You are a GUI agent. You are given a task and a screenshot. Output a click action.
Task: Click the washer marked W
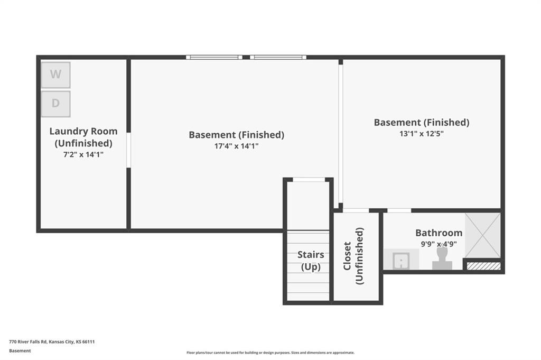pyautogui.click(x=55, y=75)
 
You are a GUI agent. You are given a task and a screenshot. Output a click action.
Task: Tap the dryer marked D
pyautogui.click(x=55, y=104)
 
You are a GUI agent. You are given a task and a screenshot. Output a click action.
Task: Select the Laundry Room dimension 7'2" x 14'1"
pyautogui.click(x=83, y=154)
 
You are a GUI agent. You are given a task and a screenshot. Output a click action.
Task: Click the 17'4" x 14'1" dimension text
pyautogui.click(x=236, y=146)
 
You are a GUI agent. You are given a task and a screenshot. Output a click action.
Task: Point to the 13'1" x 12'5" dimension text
pyautogui.click(x=421, y=134)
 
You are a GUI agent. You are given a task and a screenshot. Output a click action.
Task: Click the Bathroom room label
pyautogui.click(x=439, y=233)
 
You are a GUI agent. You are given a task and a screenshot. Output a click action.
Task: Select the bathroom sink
pyautogui.click(x=402, y=260)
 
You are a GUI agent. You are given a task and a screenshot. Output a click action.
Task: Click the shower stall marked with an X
pyautogui.click(x=482, y=235)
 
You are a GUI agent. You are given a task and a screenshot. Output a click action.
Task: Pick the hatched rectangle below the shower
pyautogui.click(x=483, y=266)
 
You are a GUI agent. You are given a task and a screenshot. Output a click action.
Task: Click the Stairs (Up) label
pyautogui.click(x=311, y=261)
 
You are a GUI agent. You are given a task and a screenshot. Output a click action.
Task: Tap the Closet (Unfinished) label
pyautogui.click(x=353, y=256)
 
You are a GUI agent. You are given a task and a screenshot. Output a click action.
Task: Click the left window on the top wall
pyautogui.click(x=214, y=57)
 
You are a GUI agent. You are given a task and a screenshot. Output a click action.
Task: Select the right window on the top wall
pyautogui.click(x=278, y=57)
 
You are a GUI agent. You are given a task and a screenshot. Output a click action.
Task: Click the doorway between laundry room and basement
pyautogui.click(x=128, y=150)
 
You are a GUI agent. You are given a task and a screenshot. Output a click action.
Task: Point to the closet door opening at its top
pyautogui.click(x=356, y=210)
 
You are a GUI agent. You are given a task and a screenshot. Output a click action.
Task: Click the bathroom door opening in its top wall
pyautogui.click(x=399, y=210)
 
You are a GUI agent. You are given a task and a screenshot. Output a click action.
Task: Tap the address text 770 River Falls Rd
pyautogui.click(x=52, y=341)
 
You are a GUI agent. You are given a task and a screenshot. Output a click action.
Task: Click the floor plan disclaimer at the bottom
pyautogui.click(x=270, y=353)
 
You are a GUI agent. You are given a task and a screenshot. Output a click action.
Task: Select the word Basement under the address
pyautogui.click(x=20, y=350)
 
